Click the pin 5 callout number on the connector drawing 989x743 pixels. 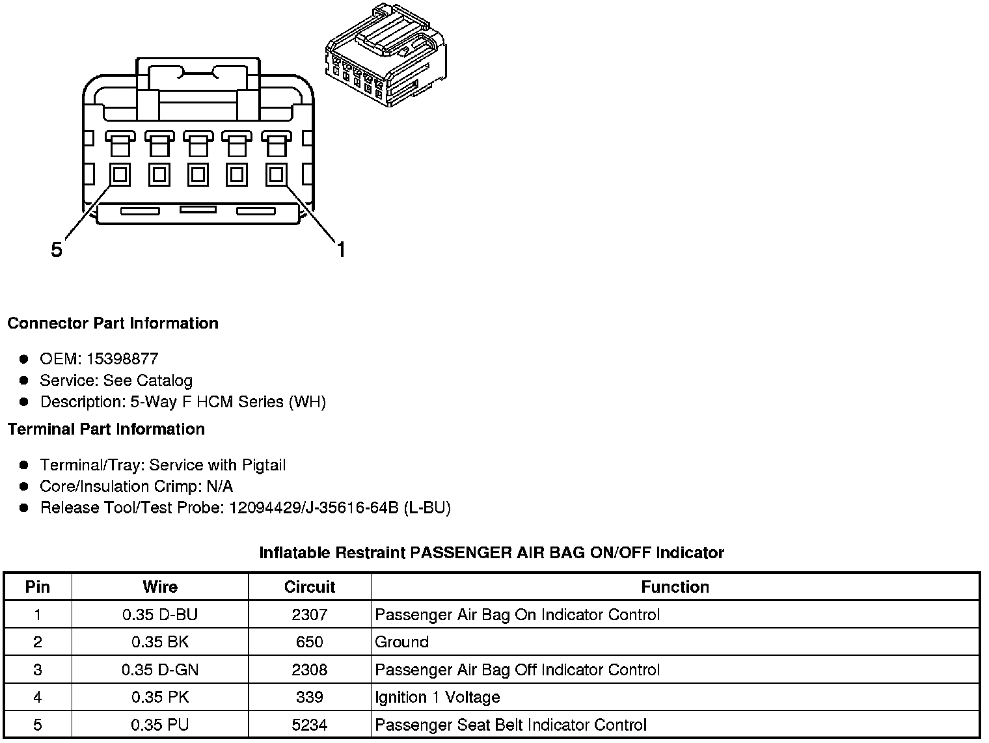[57, 249]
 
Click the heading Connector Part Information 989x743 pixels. [113, 323]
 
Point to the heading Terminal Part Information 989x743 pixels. [106, 429]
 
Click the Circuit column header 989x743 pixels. [309, 587]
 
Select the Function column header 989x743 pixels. [675, 587]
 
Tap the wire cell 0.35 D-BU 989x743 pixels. [160, 615]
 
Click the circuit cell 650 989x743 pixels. [309, 642]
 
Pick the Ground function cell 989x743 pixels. [401, 642]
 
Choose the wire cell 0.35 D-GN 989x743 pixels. [160, 670]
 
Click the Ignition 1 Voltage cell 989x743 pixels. [437, 697]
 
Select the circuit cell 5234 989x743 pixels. [309, 725]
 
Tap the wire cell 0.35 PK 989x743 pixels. [160, 697]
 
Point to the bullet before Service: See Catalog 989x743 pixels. [24, 381]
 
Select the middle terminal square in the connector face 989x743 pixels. [198, 174]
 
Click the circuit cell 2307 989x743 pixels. [309, 615]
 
